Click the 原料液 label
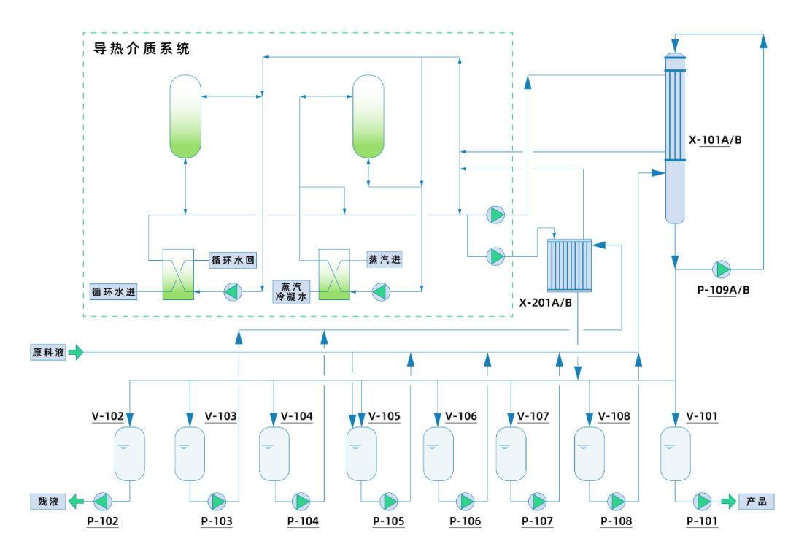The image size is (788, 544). (48, 352)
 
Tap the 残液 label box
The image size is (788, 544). (48, 501)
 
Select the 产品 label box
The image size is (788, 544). (756, 501)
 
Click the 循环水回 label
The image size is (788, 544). (233, 260)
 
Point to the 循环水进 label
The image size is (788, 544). (113, 292)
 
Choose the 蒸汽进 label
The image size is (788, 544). (385, 260)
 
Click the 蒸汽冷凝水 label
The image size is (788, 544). (291, 291)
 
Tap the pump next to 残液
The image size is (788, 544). (102, 501)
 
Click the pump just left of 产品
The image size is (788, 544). (703, 501)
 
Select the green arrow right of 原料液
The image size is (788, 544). (76, 352)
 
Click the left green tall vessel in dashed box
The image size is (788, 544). (185, 116)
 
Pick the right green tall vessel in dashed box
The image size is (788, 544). (368, 116)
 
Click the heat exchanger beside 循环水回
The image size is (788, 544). (178, 274)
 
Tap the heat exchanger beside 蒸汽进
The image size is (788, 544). (334, 274)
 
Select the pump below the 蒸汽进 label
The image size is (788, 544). (381, 291)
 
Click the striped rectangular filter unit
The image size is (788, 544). (570, 265)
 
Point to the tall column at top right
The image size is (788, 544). (675, 139)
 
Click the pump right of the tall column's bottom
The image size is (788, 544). (722, 269)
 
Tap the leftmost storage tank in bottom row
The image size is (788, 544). (130, 453)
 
